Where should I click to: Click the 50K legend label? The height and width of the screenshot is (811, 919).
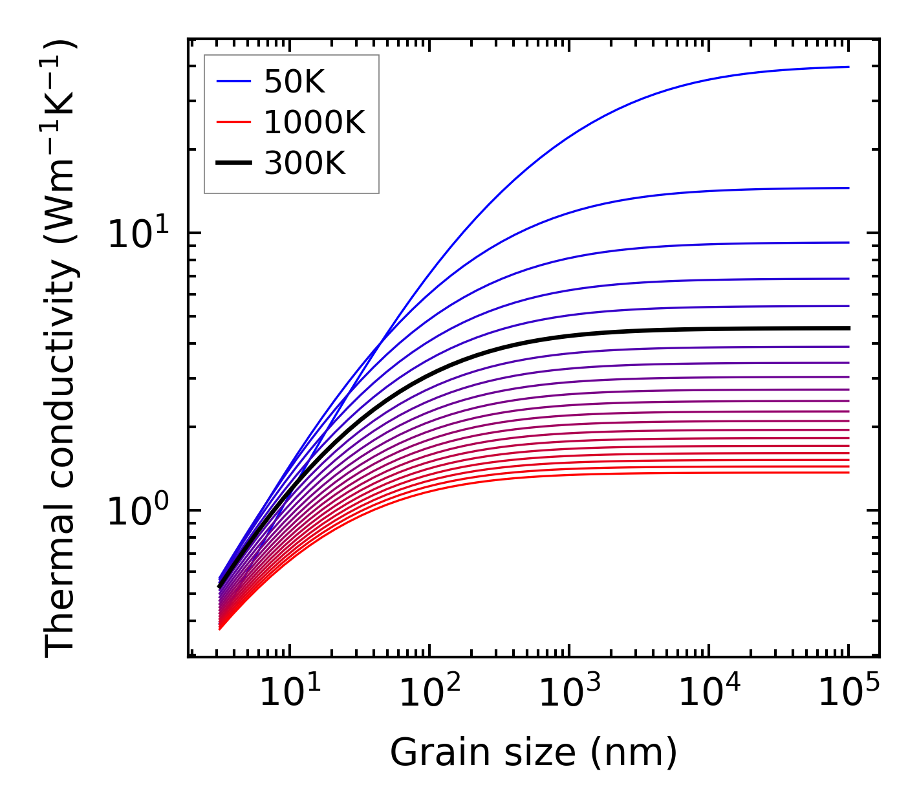(294, 81)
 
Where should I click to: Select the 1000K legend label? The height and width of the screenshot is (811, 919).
(314, 122)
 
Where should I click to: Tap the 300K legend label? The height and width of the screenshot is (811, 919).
(305, 164)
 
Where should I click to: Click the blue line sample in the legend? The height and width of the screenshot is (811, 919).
(233, 81)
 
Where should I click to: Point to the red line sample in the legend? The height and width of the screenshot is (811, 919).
(233, 122)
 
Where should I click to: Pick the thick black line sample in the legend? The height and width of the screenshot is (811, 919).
(233, 164)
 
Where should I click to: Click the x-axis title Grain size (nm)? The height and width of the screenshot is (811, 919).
(534, 753)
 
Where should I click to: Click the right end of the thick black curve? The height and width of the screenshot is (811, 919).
(848, 329)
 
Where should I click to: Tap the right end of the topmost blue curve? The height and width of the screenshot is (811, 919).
(848, 67)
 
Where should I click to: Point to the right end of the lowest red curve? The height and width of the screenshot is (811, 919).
(848, 473)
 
